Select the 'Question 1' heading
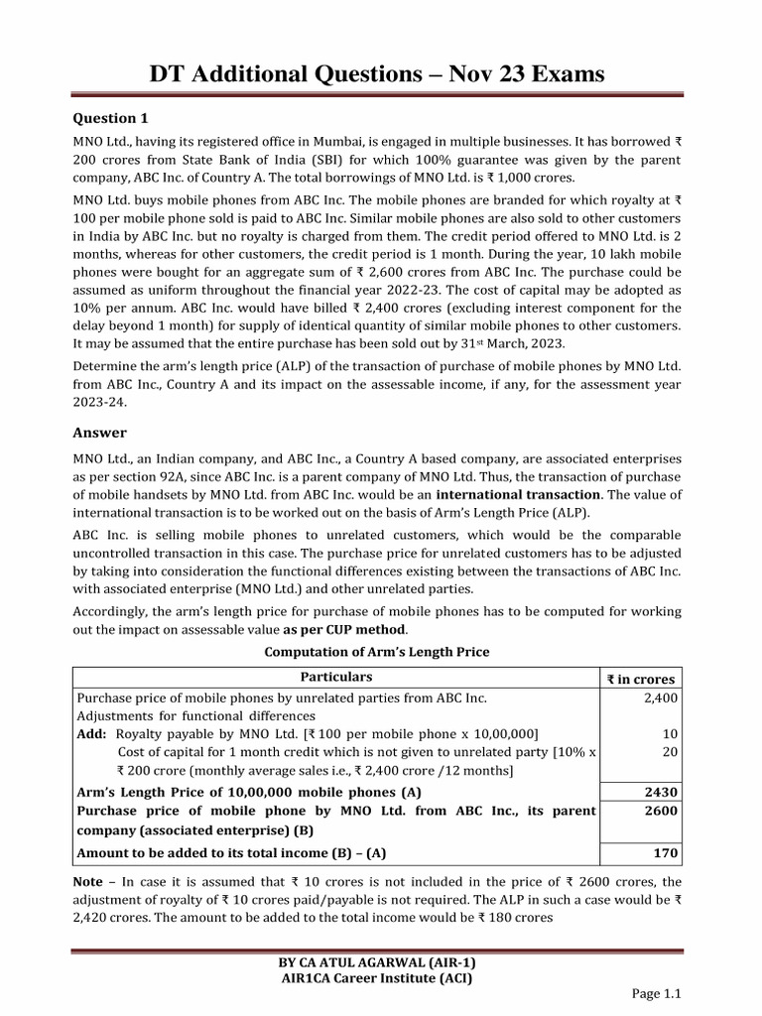coord(112,118)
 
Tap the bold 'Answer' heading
coord(101,433)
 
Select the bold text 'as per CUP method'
coord(344,630)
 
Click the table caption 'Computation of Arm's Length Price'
coord(376,652)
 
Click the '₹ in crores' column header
coord(641,679)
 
